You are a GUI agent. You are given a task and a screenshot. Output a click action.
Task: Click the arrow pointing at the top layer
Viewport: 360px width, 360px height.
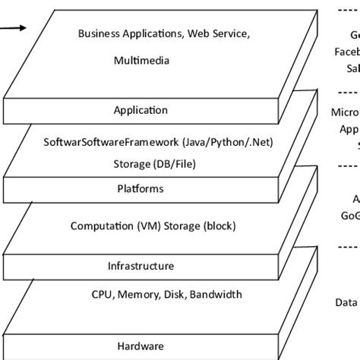tap(14, 28)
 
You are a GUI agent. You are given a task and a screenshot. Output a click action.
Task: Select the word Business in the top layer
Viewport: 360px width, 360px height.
tap(99, 33)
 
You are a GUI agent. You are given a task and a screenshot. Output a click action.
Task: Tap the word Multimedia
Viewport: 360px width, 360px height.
tap(141, 60)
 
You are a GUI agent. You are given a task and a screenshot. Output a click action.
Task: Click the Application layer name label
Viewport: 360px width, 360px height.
tap(141, 110)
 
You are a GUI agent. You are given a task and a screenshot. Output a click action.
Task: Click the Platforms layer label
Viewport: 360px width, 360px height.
tap(141, 188)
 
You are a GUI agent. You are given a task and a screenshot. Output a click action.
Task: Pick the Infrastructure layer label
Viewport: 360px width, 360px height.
tap(141, 267)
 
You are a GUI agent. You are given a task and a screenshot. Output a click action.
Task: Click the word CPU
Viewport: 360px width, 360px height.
tap(102, 294)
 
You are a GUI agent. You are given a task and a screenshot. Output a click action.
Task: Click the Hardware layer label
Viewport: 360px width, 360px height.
tap(141, 346)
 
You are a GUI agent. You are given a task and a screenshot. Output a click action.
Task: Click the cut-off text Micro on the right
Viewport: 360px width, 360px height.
tap(346, 112)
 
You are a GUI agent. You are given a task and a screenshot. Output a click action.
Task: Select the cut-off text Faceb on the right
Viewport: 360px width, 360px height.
tap(346, 52)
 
